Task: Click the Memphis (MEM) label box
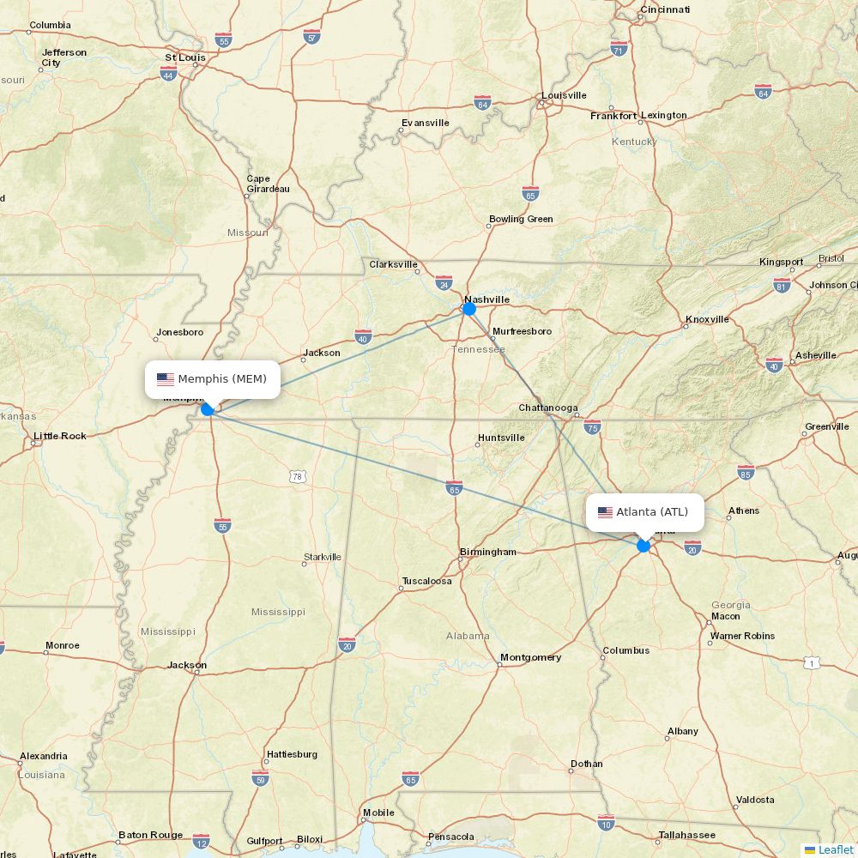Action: [x=213, y=379]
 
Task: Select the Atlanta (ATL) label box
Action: [x=645, y=512]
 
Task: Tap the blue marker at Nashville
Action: [x=469, y=309]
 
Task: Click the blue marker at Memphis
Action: [x=208, y=409]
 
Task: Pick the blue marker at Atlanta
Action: [x=643, y=546]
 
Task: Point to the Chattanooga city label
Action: [x=548, y=408]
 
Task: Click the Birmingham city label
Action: [x=488, y=552]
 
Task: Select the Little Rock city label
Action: [x=60, y=436]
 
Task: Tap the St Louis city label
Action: [x=185, y=57]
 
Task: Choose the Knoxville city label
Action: [x=707, y=319]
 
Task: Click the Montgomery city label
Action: [x=530, y=657]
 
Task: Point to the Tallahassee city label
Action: [x=686, y=835]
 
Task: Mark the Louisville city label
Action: [x=564, y=95]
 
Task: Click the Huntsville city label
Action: [x=501, y=438]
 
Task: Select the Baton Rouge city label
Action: [x=150, y=835]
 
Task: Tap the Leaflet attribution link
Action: [x=835, y=849]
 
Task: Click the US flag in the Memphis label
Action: [x=166, y=379]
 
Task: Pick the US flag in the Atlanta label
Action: [x=606, y=512]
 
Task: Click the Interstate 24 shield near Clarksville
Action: [x=444, y=282]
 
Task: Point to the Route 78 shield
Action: [x=298, y=476]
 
